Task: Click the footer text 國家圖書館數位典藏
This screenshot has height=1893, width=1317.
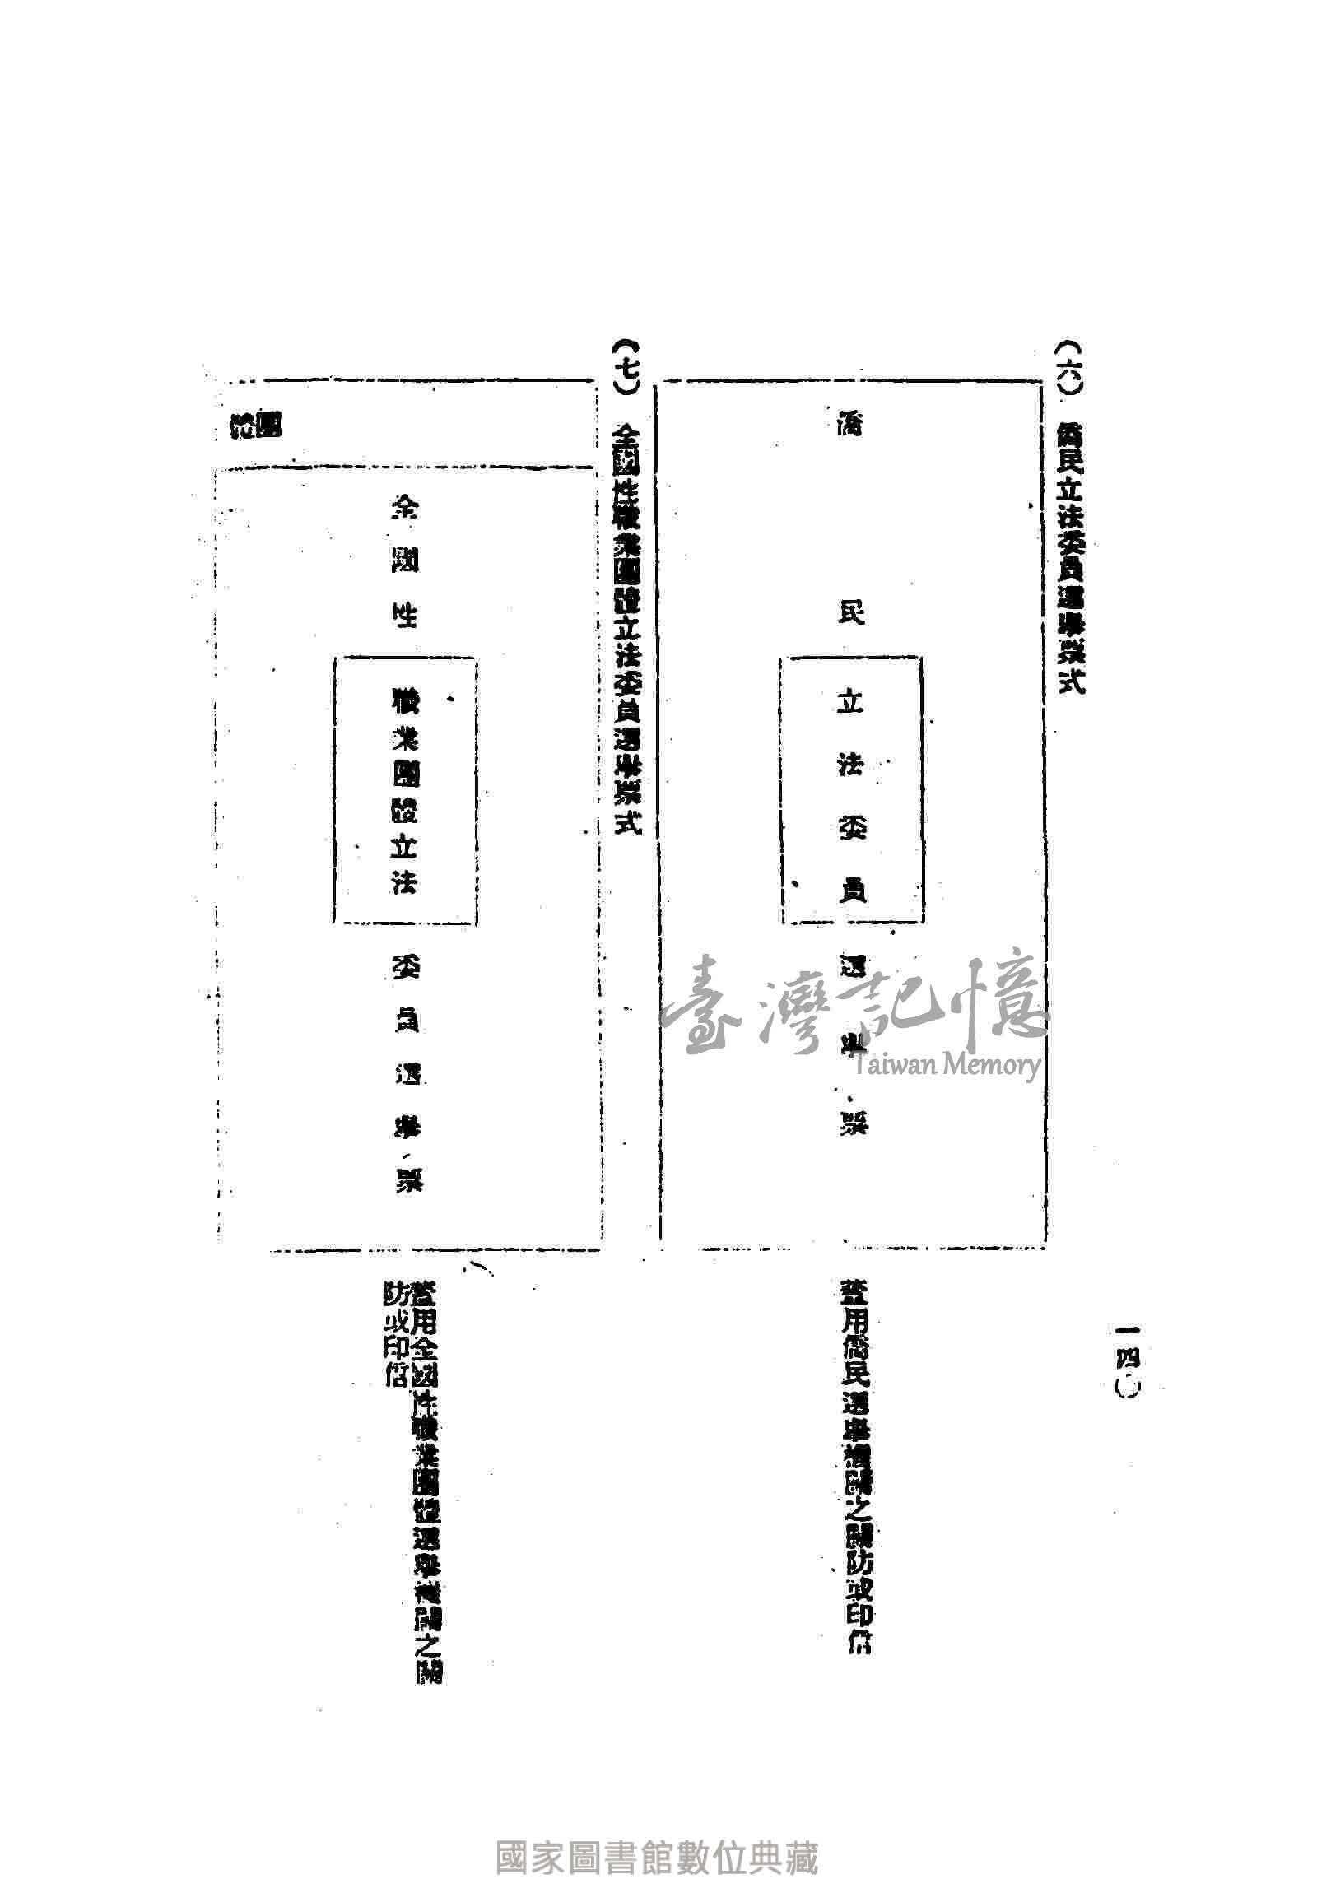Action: pyautogui.click(x=657, y=1857)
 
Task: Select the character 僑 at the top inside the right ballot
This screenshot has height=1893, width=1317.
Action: pyautogui.click(x=850, y=425)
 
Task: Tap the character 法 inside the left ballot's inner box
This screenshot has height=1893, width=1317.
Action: pyautogui.click(x=404, y=882)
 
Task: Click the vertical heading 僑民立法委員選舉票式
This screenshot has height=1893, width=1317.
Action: pyautogui.click(x=1070, y=560)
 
